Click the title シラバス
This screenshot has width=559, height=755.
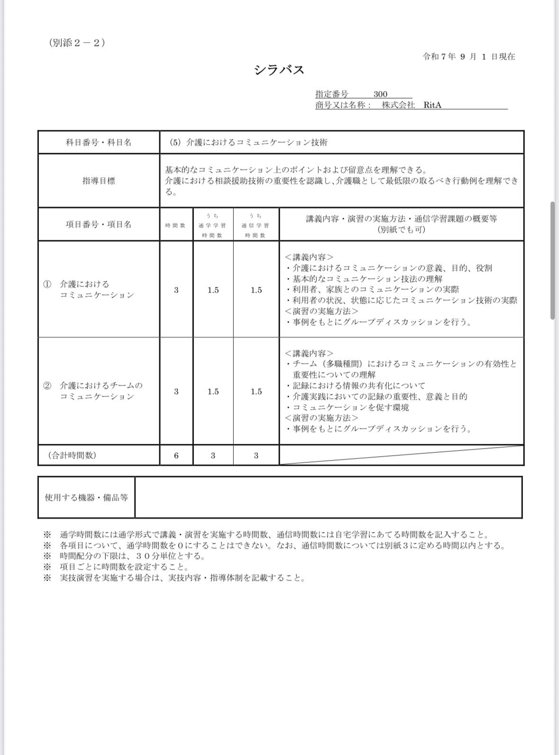[x=279, y=70]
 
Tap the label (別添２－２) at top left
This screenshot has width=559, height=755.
[x=77, y=43]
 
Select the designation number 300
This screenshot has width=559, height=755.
[x=380, y=94]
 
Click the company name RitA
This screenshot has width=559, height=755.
[x=432, y=105]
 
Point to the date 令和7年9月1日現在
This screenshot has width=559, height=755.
[x=468, y=57]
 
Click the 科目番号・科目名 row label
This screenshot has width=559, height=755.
[x=99, y=142]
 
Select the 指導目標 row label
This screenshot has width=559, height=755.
[x=99, y=181]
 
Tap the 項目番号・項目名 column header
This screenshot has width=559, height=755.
[x=99, y=224]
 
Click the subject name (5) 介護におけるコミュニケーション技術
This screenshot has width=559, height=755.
[x=248, y=142]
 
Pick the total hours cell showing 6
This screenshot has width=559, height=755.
[x=176, y=455]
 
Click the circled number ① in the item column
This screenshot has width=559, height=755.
[x=47, y=284]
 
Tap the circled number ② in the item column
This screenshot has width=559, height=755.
[x=47, y=386]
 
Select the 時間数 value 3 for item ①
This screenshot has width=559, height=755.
[x=176, y=290]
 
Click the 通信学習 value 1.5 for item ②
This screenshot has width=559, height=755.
[x=256, y=391]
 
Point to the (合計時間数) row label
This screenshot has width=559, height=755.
[x=72, y=455]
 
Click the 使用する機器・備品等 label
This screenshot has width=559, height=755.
[x=86, y=497]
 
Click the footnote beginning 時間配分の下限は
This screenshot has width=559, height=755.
[x=132, y=556]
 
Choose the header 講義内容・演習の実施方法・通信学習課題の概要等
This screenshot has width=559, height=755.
[x=401, y=219]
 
